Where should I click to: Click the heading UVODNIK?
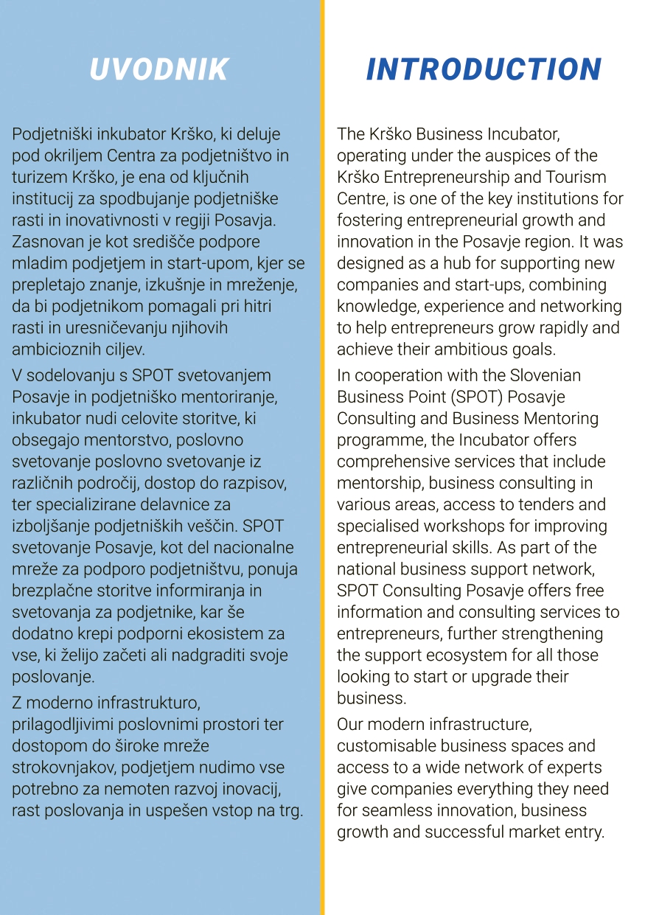159,69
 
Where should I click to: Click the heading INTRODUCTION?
484,69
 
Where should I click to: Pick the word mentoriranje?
231,397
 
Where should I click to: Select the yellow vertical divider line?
322,457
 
